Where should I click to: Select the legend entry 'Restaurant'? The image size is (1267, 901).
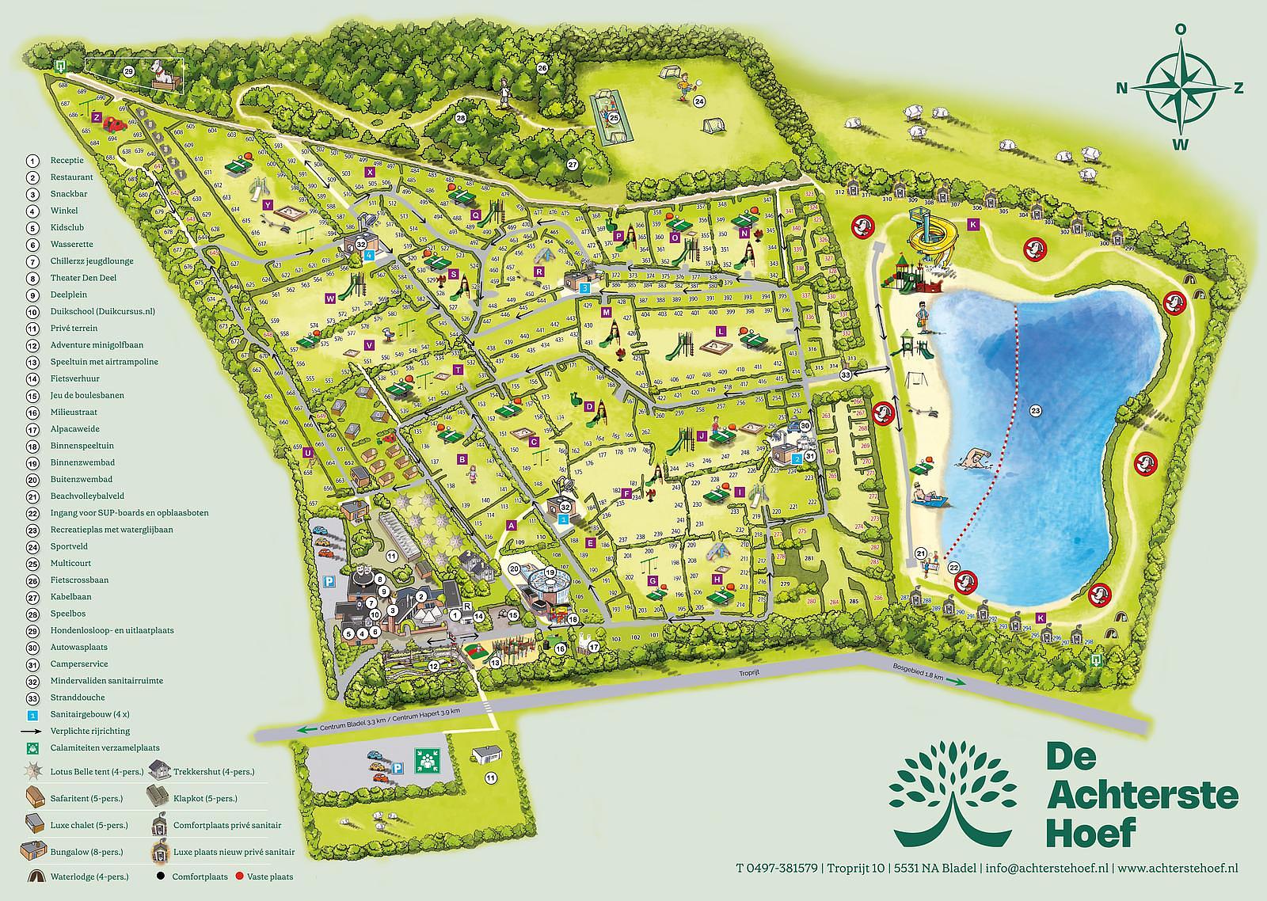click(x=71, y=177)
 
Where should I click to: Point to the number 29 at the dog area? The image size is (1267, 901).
click(x=129, y=71)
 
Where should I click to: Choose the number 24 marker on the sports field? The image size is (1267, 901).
click(x=699, y=101)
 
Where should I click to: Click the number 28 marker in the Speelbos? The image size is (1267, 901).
click(x=460, y=119)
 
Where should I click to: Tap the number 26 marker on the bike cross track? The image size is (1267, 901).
click(x=542, y=68)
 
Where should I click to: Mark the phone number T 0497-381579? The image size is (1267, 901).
click(x=777, y=869)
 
